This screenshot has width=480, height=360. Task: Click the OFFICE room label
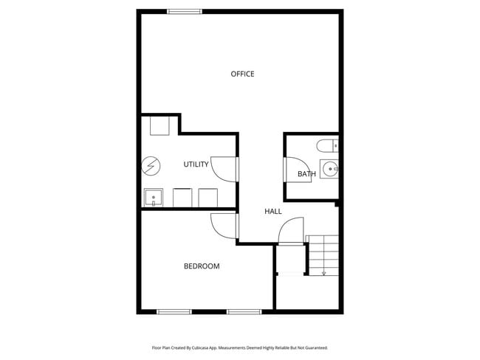pos(242,74)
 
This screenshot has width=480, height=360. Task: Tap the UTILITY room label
pos(196,164)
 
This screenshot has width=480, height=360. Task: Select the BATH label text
pos(306,174)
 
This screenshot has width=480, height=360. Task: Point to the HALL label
pos(273,212)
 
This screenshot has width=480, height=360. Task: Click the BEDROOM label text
pos(202,266)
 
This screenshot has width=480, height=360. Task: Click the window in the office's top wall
pos(185,11)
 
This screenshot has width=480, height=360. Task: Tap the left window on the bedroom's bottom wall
pos(175,311)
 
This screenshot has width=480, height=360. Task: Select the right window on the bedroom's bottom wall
pos(244,311)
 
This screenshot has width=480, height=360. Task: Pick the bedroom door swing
pos(223,225)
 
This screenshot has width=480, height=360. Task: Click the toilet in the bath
pos(325,145)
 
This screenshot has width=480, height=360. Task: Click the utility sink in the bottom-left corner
pos(154,198)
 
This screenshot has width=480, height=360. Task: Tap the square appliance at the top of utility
pos(161,125)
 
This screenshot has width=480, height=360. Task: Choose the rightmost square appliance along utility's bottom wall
pos(208,198)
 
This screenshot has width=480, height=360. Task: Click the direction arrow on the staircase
pos(323,271)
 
